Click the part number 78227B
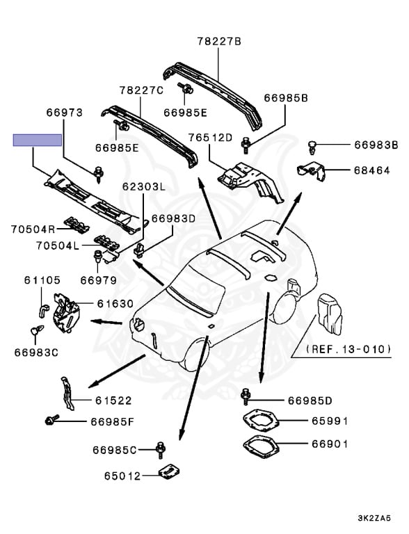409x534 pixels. pos(218,42)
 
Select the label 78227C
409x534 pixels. pos(141,90)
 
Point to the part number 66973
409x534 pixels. pos(65,111)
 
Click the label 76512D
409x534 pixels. pos(210,137)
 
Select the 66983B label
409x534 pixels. pos(376,145)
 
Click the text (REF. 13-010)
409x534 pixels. pos(348,348)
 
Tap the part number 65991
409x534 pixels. pos(330,421)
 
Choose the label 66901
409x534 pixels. pos(330,444)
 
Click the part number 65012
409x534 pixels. pos(122,476)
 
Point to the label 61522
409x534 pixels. pos(114,400)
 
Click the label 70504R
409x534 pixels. pos(33,228)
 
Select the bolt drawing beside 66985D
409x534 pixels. pos(246,397)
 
